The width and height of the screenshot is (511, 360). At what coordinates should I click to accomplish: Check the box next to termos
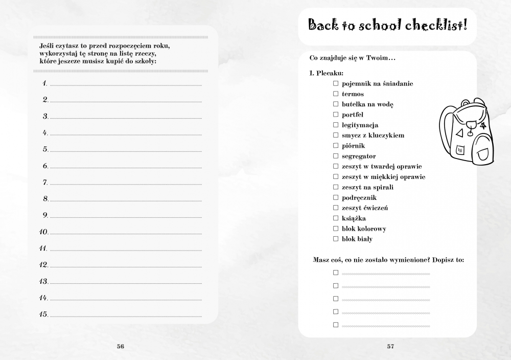[336, 94]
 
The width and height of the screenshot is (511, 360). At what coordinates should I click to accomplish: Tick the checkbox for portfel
[336, 115]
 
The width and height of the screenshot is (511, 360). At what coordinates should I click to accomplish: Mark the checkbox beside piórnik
[336, 146]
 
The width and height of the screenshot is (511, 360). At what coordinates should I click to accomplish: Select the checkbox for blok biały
[336, 239]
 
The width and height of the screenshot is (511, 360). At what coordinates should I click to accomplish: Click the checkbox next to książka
[336, 218]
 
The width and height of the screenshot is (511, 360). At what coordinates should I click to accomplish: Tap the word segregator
[359, 156]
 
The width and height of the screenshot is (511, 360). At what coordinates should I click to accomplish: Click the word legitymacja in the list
[360, 125]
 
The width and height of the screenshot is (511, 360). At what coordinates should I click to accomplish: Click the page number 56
[121, 346]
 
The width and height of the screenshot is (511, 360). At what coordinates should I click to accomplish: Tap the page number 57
[390, 346]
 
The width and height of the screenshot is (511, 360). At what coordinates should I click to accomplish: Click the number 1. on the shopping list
[45, 83]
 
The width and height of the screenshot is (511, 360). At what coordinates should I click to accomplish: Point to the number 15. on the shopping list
[43, 314]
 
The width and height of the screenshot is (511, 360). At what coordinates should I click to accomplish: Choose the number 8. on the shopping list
[45, 198]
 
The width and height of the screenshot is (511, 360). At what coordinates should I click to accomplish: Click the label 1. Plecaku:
[327, 73]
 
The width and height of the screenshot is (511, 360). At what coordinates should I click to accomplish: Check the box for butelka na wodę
[336, 104]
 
